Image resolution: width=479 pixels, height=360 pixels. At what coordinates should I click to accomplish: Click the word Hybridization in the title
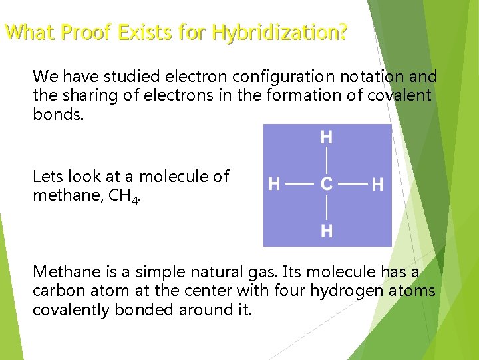click(x=279, y=32)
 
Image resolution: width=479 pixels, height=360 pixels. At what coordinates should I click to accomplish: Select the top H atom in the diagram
click(x=327, y=138)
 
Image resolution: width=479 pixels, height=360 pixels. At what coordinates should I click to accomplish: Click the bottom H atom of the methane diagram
click(x=327, y=231)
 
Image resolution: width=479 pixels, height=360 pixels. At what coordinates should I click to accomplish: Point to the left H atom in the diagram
click(x=273, y=184)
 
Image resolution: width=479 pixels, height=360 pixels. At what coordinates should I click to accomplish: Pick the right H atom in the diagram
click(x=377, y=184)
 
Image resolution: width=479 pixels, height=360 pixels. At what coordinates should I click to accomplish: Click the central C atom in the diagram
click(x=327, y=184)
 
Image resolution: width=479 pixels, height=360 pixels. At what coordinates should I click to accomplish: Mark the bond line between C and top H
click(x=327, y=161)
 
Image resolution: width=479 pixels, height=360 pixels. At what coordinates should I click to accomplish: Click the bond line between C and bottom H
click(x=327, y=208)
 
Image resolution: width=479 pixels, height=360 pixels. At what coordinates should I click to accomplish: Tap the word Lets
click(x=47, y=177)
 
